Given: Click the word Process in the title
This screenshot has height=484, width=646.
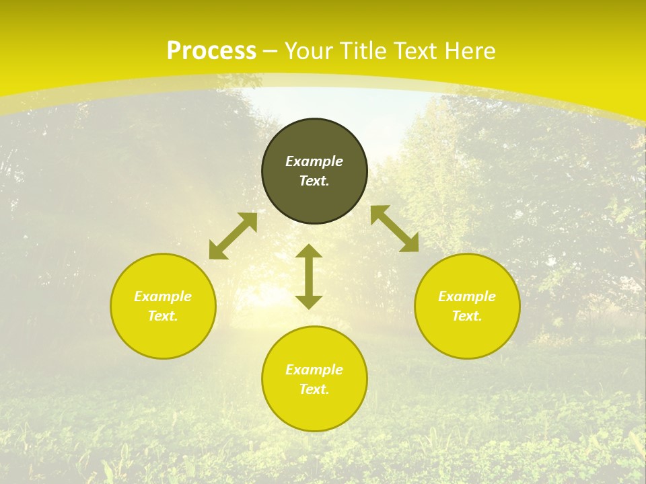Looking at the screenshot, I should coord(211,51).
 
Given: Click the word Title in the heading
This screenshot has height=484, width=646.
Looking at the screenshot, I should coord(365,51).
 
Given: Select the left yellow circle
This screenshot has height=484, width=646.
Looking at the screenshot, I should coord(163,336).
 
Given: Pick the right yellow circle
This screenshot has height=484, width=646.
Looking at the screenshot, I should coord(467,336).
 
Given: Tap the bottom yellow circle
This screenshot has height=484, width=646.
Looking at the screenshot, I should coord(314,410).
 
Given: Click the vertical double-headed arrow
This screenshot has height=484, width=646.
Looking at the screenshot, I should coord(309,276).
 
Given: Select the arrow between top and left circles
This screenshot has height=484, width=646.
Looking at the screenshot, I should coord(233,236).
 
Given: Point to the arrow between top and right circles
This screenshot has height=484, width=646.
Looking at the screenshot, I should coord(394,229).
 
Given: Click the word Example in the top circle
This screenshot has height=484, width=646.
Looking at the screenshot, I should coord(314,161).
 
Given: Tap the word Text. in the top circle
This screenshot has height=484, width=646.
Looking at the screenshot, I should coord(314,181).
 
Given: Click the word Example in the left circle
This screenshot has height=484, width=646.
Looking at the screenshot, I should coord(163,296).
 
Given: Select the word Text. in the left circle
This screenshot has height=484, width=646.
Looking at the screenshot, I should coord(163,316).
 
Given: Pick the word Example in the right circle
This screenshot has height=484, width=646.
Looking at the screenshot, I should coord(467,296).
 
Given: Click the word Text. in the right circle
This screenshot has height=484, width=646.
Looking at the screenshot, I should coord(467,316).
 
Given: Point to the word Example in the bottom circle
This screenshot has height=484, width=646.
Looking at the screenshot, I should coord(314,370).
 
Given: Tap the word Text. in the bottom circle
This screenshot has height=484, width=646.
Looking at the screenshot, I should coord(314,389).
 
